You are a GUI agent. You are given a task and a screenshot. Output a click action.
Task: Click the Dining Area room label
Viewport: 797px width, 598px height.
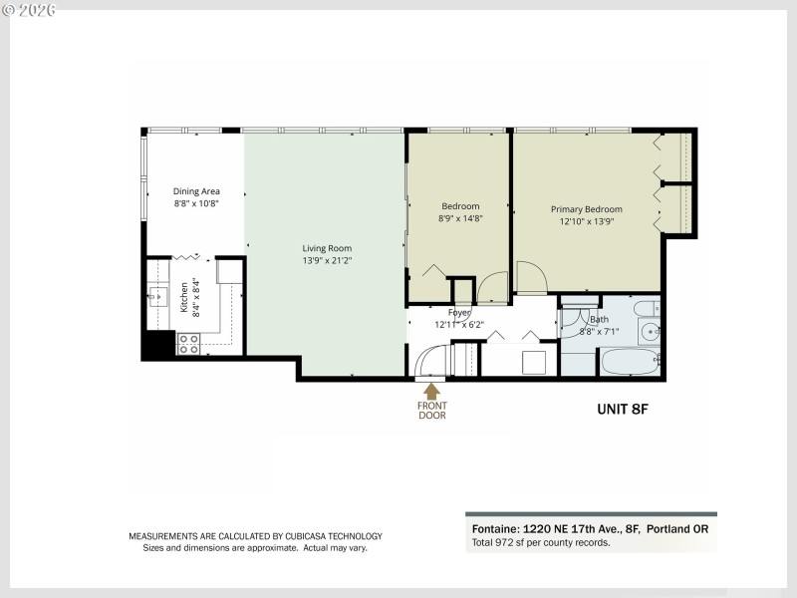[196, 191]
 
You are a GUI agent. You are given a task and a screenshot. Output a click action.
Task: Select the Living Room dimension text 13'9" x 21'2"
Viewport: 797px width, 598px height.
[327, 260]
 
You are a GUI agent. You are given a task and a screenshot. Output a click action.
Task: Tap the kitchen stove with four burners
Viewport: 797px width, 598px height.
[188, 343]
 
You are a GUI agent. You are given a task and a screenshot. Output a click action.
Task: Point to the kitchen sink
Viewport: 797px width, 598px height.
[158, 296]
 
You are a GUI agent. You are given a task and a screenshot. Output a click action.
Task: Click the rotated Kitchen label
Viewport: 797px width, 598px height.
[184, 296]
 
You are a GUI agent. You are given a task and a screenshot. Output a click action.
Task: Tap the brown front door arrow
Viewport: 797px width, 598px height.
[431, 391]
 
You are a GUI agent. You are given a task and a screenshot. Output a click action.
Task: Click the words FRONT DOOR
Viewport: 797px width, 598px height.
[431, 411]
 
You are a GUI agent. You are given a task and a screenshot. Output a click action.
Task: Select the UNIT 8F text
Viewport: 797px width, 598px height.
[623, 409]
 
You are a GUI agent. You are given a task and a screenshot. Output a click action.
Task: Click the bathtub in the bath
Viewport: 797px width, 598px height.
[630, 361]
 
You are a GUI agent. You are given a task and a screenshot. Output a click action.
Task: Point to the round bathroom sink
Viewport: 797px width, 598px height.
[650, 332]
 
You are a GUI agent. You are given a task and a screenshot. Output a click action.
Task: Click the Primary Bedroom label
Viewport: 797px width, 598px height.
[587, 209]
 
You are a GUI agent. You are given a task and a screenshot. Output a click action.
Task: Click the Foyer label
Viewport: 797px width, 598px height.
[459, 313]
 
